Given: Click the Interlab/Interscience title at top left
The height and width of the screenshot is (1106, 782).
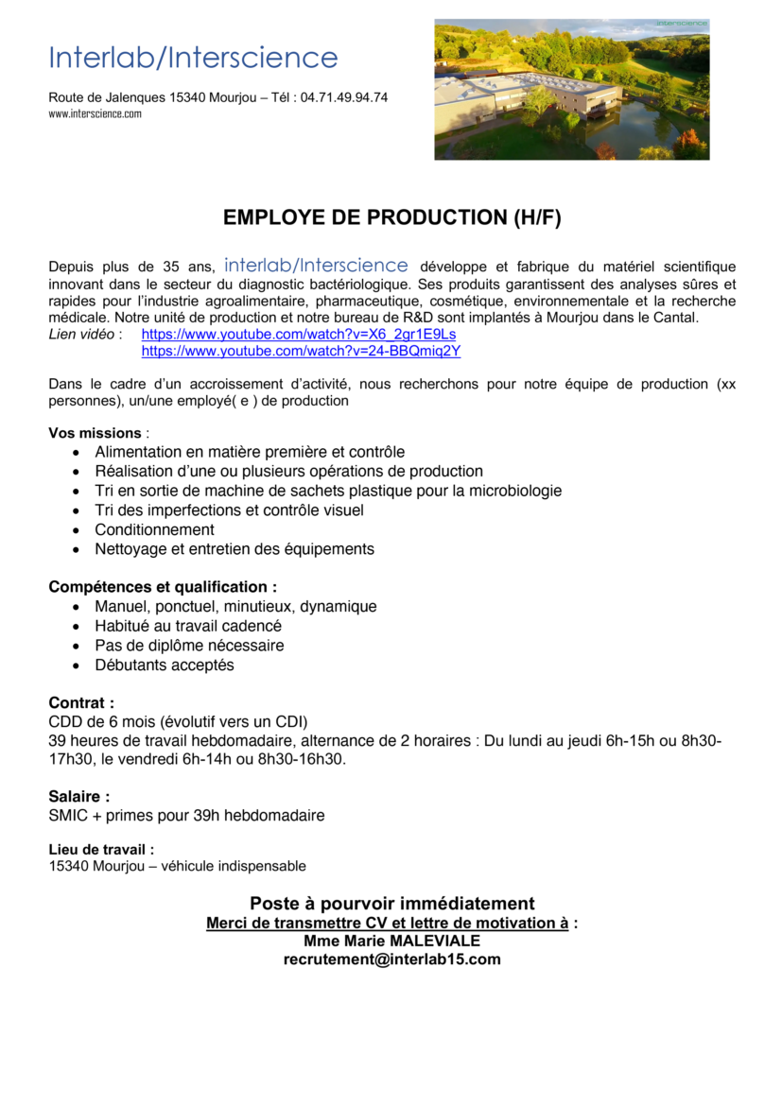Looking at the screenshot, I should click(193, 58).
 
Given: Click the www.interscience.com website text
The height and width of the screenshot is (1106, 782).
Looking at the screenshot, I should click(95, 113).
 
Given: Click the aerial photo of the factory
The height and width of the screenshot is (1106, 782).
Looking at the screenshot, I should click(571, 90).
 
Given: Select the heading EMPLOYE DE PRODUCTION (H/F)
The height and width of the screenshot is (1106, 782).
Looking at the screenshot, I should click(391, 218).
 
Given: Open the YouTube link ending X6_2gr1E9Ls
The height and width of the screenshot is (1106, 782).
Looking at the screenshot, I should click(299, 335).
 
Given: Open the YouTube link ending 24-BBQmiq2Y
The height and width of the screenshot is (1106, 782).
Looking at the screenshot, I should click(301, 351).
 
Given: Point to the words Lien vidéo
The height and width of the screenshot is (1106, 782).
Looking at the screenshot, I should click(82, 335).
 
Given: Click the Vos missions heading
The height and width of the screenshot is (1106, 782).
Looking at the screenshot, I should click(95, 433).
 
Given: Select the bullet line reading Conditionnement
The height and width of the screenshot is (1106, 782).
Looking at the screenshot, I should click(154, 529).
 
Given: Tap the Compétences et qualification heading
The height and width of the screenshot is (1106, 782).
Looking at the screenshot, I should click(163, 587).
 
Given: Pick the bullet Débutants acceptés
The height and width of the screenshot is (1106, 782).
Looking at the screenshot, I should click(165, 665).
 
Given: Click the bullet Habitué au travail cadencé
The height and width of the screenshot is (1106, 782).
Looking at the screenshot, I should click(188, 626).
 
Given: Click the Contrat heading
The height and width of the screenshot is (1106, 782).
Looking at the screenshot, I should click(81, 703).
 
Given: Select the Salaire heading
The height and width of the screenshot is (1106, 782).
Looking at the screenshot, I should click(79, 797).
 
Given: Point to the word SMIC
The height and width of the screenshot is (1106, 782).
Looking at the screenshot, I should click(68, 815).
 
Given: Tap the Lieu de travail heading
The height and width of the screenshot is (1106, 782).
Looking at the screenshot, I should click(101, 850).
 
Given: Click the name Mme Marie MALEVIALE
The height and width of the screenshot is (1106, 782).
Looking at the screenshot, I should click(391, 941).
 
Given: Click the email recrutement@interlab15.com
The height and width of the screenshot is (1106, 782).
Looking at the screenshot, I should click(391, 959).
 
